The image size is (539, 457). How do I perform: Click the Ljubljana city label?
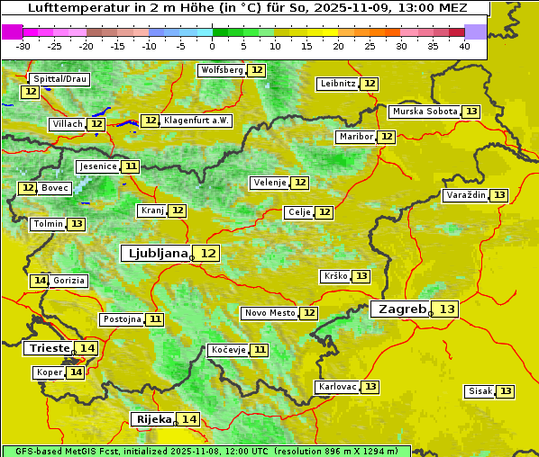click(155, 254)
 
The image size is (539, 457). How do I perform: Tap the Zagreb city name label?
click(401, 309)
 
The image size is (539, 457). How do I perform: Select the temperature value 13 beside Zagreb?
click(447, 309)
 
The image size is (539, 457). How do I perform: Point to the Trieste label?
click(50, 348)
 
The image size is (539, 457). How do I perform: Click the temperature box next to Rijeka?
click(189, 419)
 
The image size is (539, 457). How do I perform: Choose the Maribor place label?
click(354, 137)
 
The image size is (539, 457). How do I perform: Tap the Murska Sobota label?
click(425, 112)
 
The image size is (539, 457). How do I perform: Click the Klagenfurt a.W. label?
click(196, 121)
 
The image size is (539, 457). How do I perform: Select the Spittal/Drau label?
click(59, 79)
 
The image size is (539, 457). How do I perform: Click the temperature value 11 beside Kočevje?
click(260, 350)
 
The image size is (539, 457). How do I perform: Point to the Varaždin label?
click(465, 195)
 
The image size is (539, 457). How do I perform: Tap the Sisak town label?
click(479, 391)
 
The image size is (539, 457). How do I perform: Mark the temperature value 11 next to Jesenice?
click(132, 166)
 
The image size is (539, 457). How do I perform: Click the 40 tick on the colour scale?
click(464, 46)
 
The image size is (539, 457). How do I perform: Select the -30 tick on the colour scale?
click(23, 46)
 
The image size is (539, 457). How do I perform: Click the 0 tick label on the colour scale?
click(213, 46)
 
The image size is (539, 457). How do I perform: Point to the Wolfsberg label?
click(222, 70)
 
